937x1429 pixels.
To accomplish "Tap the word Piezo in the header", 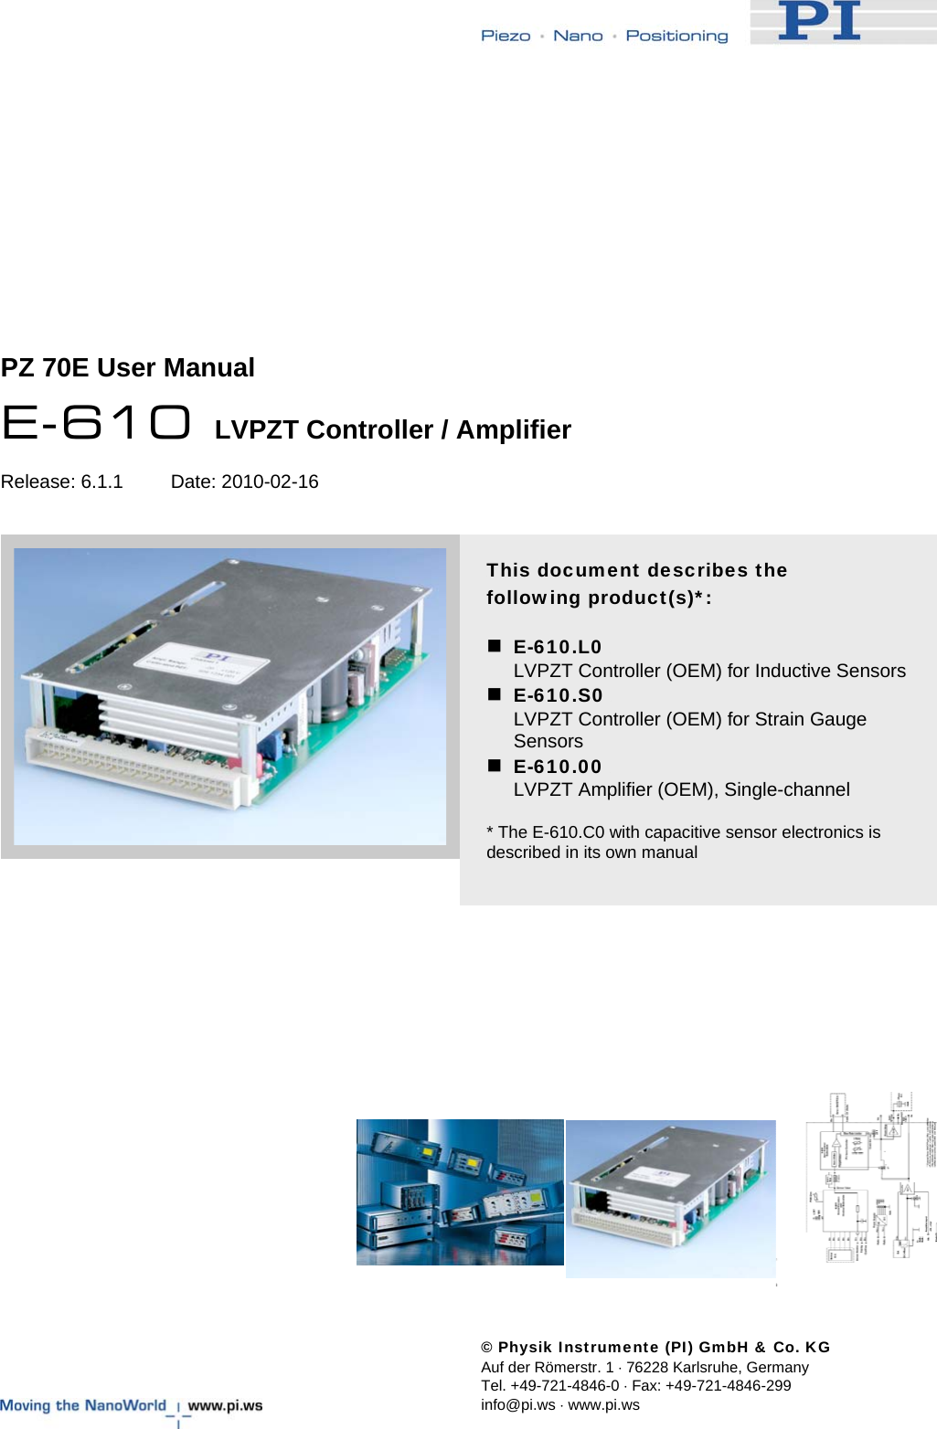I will click(x=506, y=36).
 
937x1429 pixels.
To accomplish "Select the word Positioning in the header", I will click(x=676, y=36).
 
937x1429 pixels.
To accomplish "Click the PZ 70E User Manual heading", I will click(x=128, y=367).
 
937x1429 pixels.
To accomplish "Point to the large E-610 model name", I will click(x=96, y=423).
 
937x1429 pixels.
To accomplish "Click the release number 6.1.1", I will click(x=101, y=482).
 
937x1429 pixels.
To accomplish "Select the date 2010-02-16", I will click(x=270, y=482).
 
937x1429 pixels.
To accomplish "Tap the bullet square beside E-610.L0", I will click(x=495, y=646).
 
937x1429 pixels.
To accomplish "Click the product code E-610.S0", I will click(x=558, y=695).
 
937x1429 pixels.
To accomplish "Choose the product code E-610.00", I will click(x=558, y=767).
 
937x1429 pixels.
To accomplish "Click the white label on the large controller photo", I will click(x=202, y=672).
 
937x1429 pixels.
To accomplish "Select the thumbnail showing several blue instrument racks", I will click(x=460, y=1192).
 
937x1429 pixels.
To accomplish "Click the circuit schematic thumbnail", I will click(x=870, y=1179).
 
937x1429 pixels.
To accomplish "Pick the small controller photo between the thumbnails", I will click(x=670, y=1198).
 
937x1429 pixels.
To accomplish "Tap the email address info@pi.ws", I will click(x=517, y=1404).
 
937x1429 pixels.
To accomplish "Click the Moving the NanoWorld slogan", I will click(x=83, y=1405).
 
